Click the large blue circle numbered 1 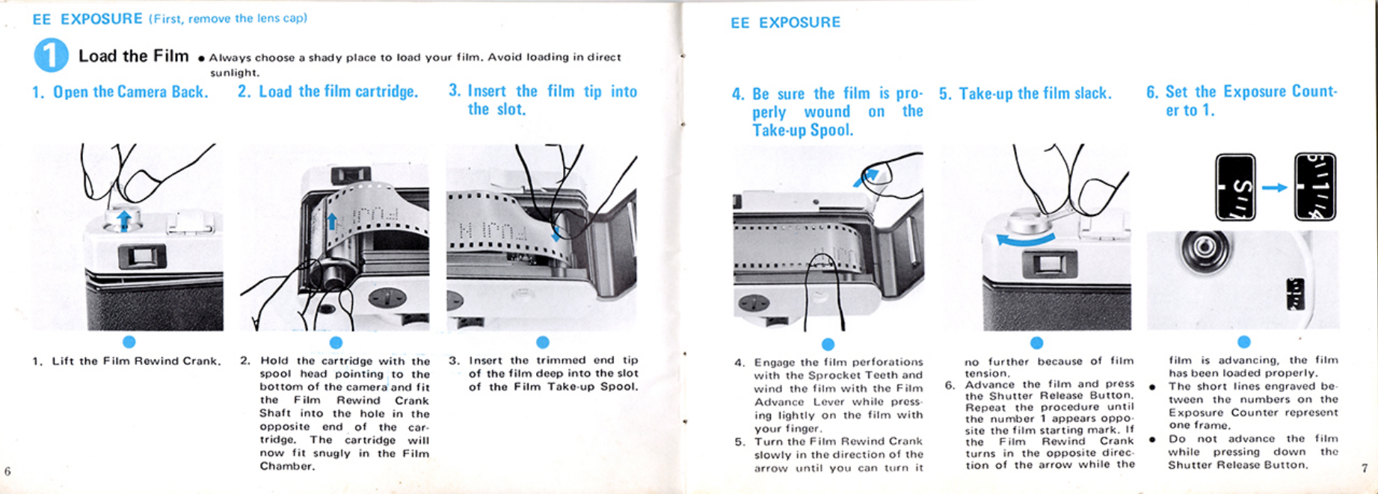click(x=51, y=55)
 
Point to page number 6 click(x=7, y=471)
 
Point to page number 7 click(x=1365, y=468)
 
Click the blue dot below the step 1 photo click(x=129, y=342)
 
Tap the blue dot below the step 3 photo click(x=543, y=342)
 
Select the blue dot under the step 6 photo click(x=1243, y=342)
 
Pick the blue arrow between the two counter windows click(x=1275, y=187)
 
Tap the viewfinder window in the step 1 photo click(x=141, y=257)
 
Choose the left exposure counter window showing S click(x=1235, y=187)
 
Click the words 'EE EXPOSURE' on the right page click(x=785, y=23)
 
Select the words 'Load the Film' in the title click(x=134, y=56)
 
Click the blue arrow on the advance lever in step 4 click(x=867, y=178)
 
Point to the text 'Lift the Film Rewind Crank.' click(x=136, y=361)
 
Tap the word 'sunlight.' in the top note click(x=235, y=72)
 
